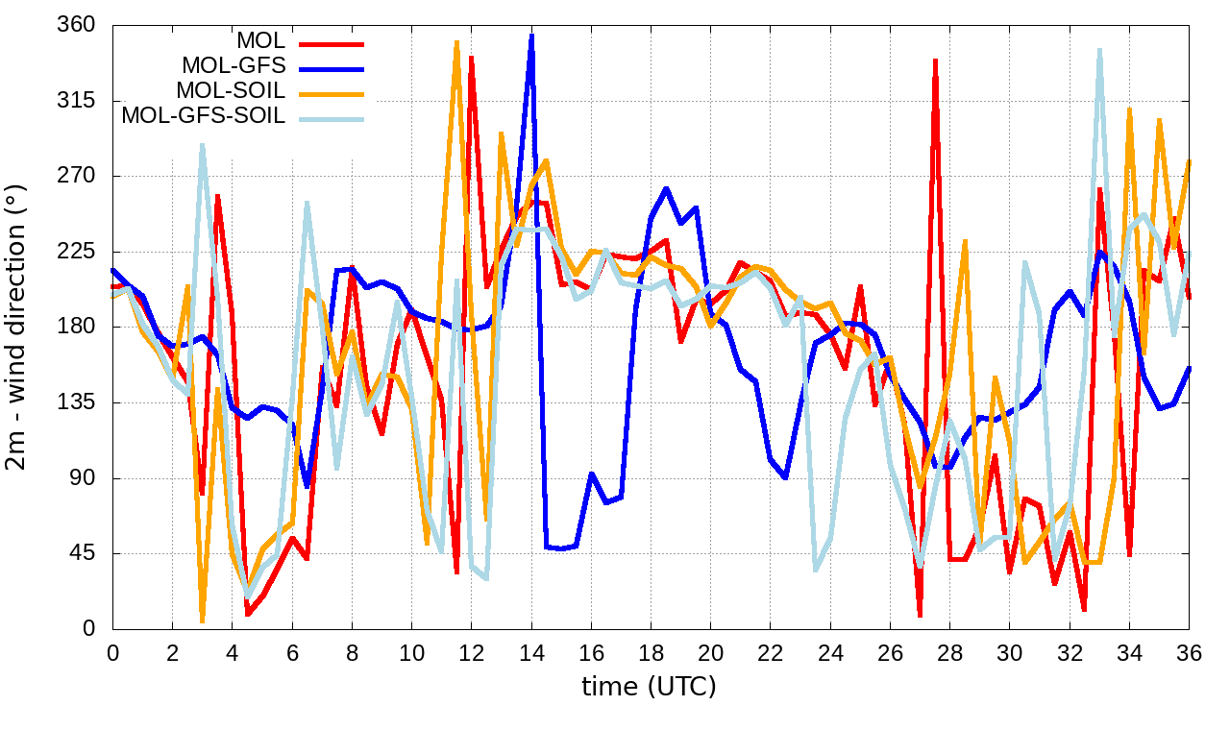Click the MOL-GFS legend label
(234, 66)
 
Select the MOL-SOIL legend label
(231, 91)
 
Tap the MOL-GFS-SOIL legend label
(203, 116)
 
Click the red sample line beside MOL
(332, 43)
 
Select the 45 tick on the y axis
(83, 554)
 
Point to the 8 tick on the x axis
(352, 652)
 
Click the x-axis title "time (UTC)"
(649, 687)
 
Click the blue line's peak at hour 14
(531, 36)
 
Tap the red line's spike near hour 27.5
(935, 61)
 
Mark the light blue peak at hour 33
(1099, 49)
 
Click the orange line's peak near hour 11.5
(457, 42)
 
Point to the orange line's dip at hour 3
(202, 620)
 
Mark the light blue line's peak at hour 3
(202, 145)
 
